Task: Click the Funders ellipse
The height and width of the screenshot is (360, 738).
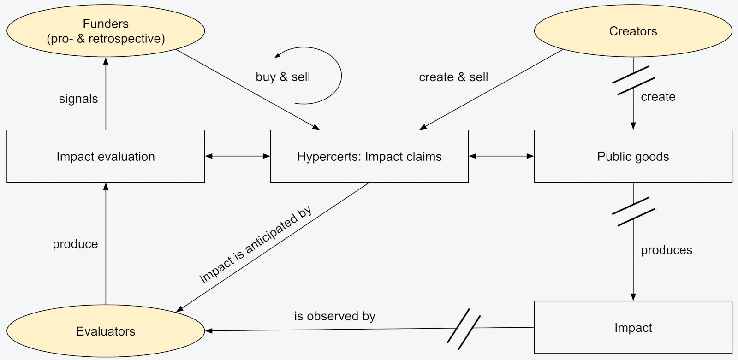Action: (x=106, y=31)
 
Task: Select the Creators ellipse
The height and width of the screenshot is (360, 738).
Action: (x=633, y=31)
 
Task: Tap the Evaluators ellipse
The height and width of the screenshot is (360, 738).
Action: (x=106, y=331)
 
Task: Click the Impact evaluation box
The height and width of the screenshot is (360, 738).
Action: (x=106, y=156)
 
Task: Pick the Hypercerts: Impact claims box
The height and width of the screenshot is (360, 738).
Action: (x=369, y=156)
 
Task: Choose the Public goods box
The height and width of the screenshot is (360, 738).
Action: (x=633, y=156)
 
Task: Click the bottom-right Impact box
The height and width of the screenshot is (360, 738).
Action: (x=633, y=328)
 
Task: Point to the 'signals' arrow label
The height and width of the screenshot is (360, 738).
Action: (x=78, y=99)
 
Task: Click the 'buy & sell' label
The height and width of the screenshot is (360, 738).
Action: (x=283, y=77)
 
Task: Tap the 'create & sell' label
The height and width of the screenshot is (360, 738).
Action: (x=453, y=77)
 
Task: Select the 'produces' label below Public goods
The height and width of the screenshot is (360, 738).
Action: (x=667, y=250)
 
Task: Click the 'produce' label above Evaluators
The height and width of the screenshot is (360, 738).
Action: (x=75, y=244)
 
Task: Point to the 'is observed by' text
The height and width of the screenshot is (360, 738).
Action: (x=335, y=316)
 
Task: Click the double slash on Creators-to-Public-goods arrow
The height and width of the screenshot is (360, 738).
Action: (x=633, y=81)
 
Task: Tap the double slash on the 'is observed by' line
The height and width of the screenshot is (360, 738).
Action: (x=464, y=328)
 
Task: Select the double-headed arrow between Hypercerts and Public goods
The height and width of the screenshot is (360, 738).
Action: (x=501, y=156)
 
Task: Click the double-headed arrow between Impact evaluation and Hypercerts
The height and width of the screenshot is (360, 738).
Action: (x=238, y=156)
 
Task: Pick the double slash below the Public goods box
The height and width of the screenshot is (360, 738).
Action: (x=633, y=212)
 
